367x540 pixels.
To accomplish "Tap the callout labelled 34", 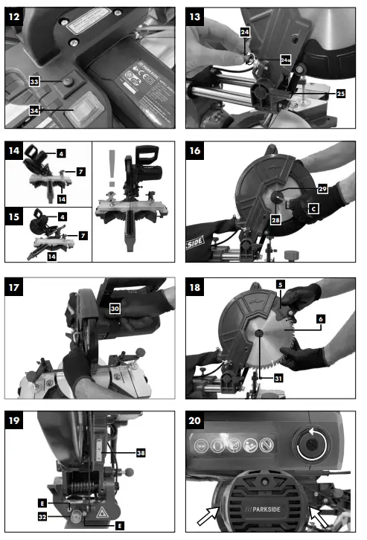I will [x=34, y=111].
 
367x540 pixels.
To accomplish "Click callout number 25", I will [x=341, y=94].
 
